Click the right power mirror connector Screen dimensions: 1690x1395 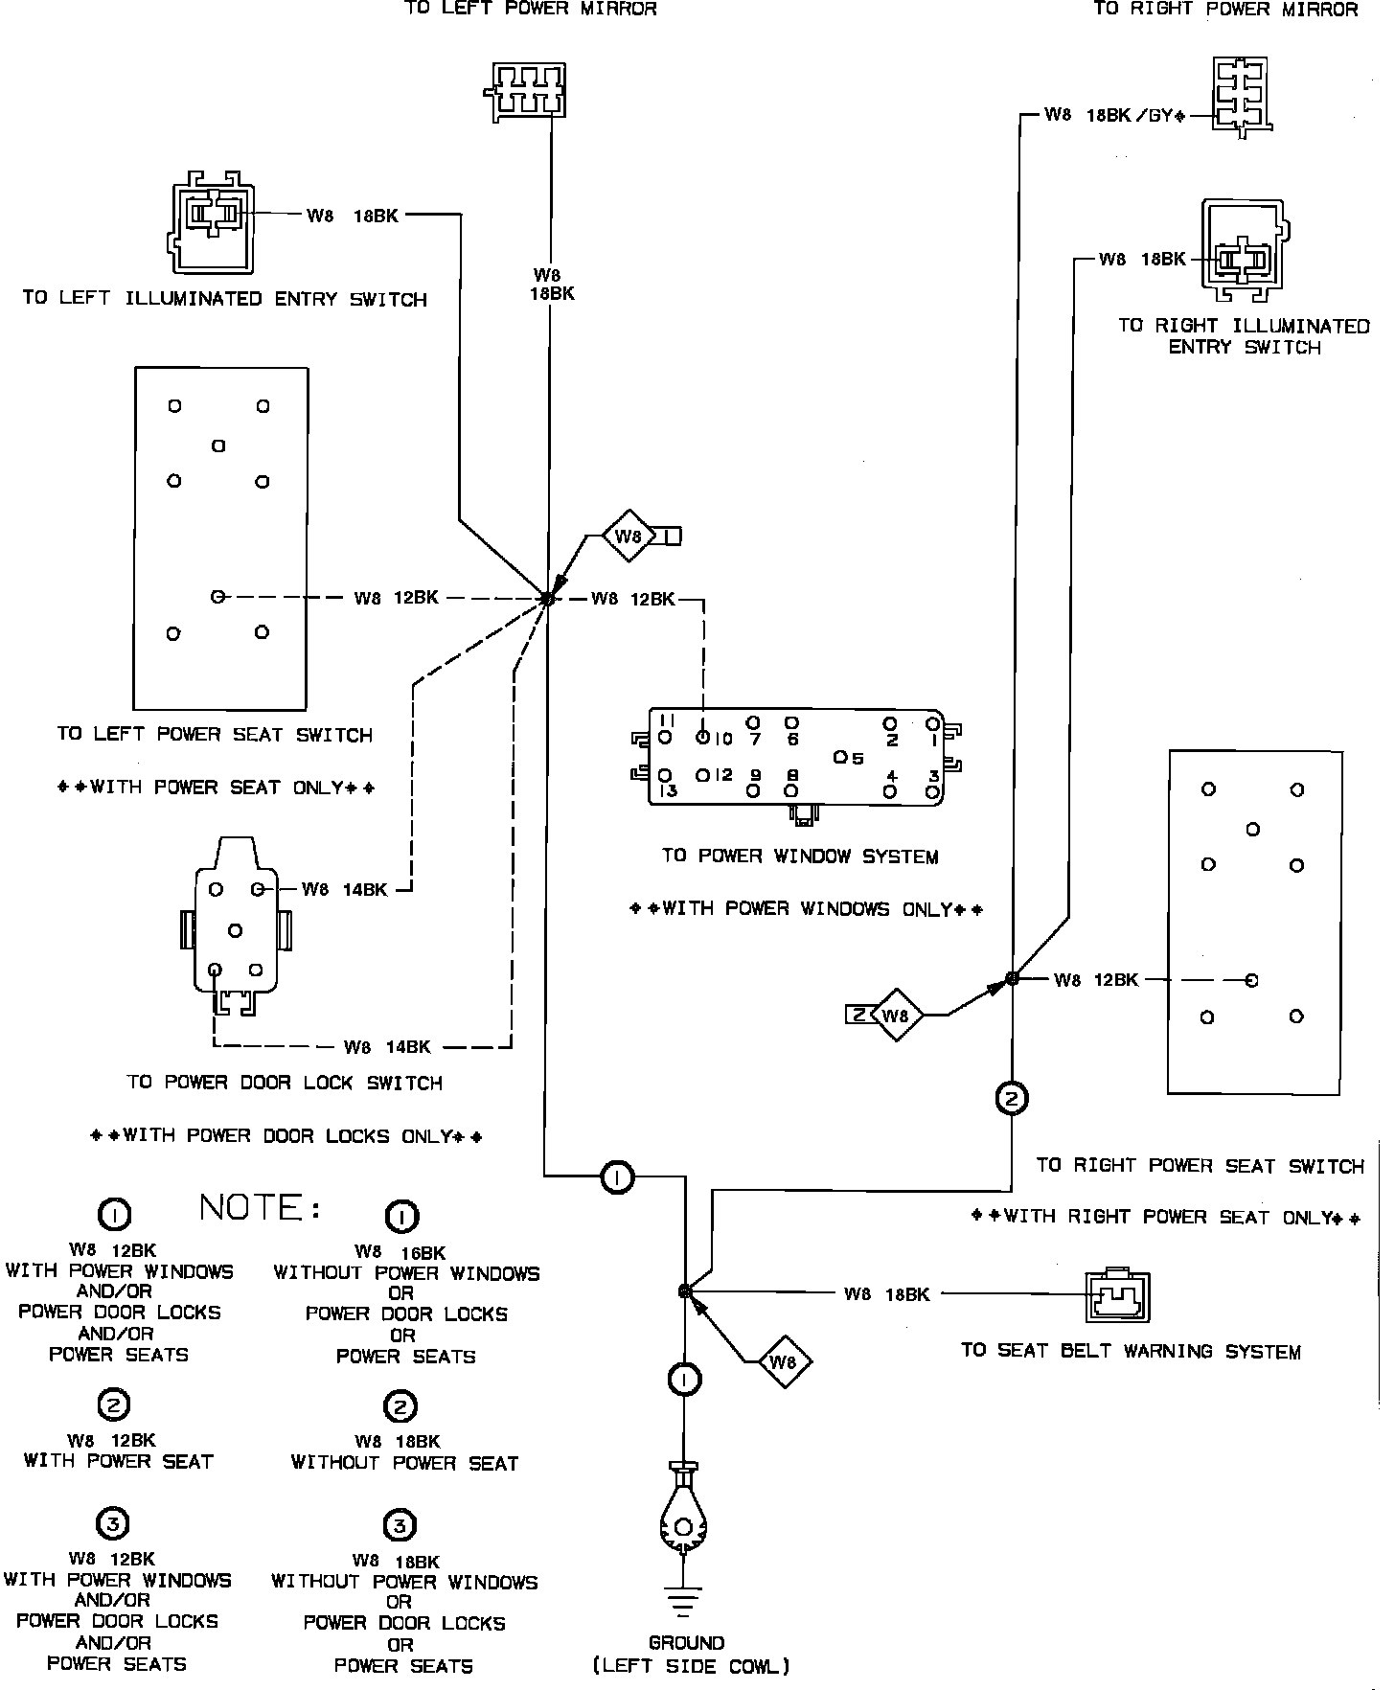1241,98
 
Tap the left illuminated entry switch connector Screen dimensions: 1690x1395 213,220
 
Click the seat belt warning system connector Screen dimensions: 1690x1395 1116,1296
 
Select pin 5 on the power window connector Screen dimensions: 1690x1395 840,758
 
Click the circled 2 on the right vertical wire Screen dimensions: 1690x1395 1012,1098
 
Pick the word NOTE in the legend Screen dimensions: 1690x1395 260,1207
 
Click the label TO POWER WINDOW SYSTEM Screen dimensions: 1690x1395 800,856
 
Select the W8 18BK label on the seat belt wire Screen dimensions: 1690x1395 886,1294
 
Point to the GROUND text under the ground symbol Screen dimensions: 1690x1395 686,1642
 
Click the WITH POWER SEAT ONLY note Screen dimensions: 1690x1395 217,788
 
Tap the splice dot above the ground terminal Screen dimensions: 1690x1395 684,1291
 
